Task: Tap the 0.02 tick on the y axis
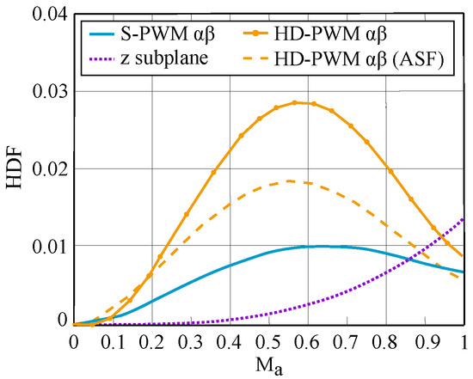pyautogui.click(x=45, y=168)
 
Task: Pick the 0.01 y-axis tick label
pyautogui.click(x=45, y=246)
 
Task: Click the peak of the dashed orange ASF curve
pyautogui.click(x=291, y=180)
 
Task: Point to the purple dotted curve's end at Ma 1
pyautogui.click(x=464, y=218)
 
